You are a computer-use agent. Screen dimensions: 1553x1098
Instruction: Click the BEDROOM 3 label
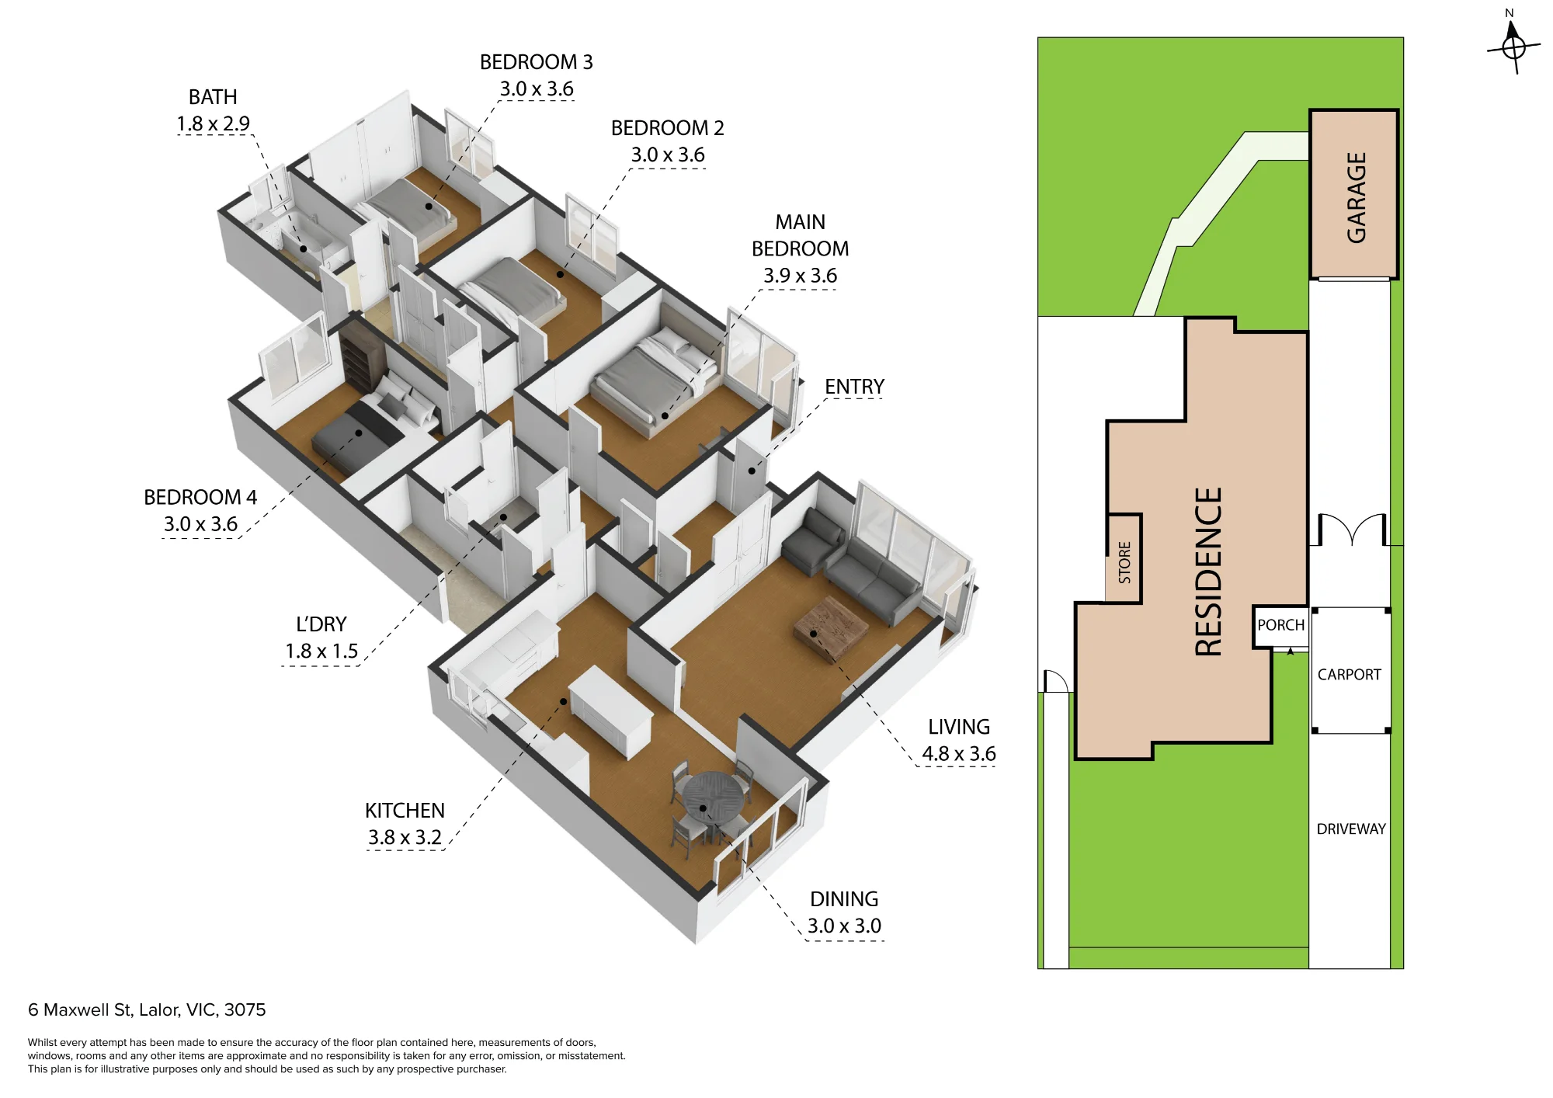(x=536, y=62)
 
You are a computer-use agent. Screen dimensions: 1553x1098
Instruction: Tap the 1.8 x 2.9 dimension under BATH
(x=213, y=123)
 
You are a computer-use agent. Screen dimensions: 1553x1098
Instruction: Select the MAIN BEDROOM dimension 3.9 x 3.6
(x=800, y=276)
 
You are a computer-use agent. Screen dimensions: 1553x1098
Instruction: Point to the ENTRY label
(x=854, y=387)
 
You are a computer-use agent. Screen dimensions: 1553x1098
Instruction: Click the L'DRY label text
(x=321, y=624)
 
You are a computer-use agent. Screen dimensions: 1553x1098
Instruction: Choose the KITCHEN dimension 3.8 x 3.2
(x=405, y=838)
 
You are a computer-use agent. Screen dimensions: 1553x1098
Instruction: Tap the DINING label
(x=844, y=899)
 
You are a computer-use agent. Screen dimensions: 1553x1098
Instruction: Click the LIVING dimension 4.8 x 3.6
(x=958, y=754)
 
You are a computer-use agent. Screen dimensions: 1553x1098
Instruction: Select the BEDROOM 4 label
(x=200, y=498)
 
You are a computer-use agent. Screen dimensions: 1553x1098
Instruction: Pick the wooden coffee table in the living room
(x=831, y=627)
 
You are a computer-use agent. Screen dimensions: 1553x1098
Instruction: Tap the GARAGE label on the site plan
(x=1356, y=197)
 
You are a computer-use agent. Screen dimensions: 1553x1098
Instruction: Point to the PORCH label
(x=1280, y=625)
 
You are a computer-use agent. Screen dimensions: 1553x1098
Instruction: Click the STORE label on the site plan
(x=1124, y=562)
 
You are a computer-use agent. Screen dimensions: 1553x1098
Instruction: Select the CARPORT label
(x=1349, y=675)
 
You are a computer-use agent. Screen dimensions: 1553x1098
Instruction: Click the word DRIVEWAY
(x=1351, y=829)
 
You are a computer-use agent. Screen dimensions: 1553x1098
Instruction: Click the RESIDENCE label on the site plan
(x=1208, y=572)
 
